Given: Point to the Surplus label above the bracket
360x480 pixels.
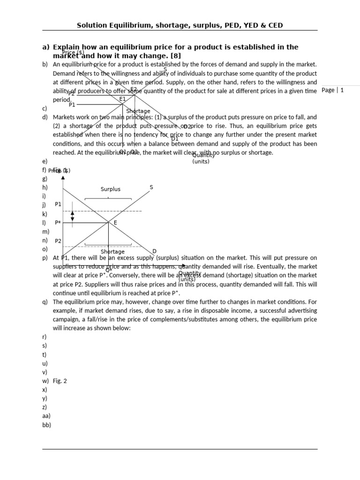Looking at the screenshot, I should point(111,189).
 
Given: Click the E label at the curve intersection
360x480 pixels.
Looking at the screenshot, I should point(115,223).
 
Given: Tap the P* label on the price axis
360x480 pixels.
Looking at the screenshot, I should point(58,223).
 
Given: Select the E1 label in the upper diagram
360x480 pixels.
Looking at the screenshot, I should point(122,99).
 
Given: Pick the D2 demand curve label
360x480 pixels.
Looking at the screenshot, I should point(187,127).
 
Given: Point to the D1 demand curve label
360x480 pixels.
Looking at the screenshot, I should point(174,139).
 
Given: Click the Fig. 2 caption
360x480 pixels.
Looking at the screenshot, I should point(60,381).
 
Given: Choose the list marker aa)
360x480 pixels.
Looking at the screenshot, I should point(46,416).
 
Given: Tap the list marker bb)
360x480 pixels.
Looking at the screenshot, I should point(46,425).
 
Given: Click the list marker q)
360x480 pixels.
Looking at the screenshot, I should point(45,302).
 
